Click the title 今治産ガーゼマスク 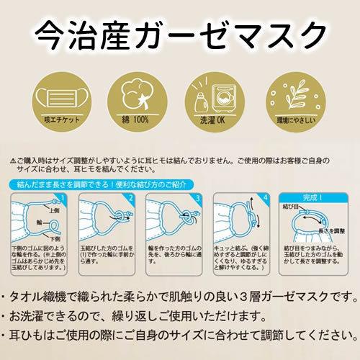click(180, 32)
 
